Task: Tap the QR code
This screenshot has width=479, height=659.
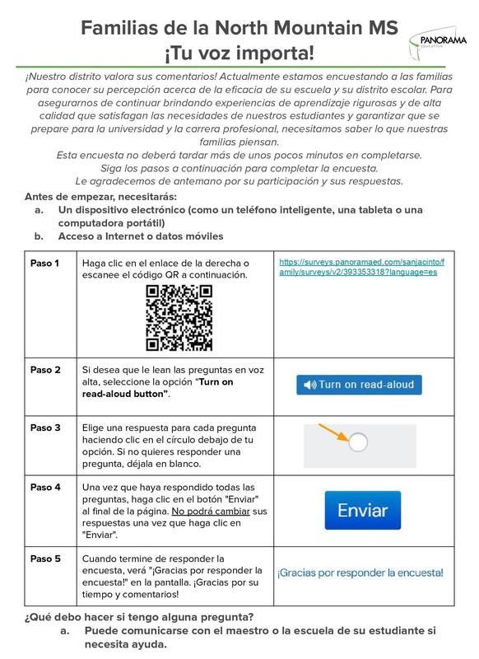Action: [x=179, y=317]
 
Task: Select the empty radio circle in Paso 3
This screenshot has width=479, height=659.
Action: [x=358, y=443]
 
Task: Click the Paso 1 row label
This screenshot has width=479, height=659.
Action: [x=45, y=263]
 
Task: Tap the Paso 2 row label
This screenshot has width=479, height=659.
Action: [x=45, y=370]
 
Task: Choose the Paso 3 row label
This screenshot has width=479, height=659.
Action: [x=45, y=428]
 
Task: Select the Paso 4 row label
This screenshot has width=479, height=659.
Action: [x=45, y=488]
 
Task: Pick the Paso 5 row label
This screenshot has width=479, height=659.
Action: [x=45, y=558]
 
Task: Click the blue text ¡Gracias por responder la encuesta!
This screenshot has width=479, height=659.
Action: [x=360, y=572]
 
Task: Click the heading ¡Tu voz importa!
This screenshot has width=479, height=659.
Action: [x=239, y=54]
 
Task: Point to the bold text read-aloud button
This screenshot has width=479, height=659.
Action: [x=125, y=394]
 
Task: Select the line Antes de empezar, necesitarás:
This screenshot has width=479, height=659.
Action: [x=100, y=196]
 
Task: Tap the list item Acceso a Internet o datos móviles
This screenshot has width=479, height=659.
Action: [x=141, y=236]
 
